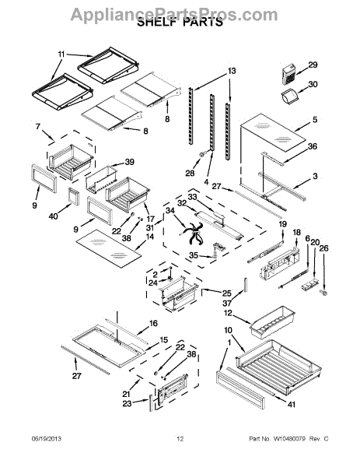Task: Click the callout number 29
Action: pyautogui.click(x=313, y=65)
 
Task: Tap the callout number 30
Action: pyautogui.click(x=313, y=85)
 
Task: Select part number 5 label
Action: pyautogui.click(x=315, y=120)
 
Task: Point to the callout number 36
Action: pyautogui.click(x=313, y=146)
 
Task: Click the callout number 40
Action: pyautogui.click(x=54, y=216)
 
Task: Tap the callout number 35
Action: pyautogui.click(x=194, y=255)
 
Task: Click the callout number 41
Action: pyautogui.click(x=292, y=404)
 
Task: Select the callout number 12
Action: pyautogui.click(x=228, y=314)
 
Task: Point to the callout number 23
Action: pyautogui.click(x=127, y=403)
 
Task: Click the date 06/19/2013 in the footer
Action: pyautogui.click(x=46, y=438)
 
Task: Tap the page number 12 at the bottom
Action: pyautogui.click(x=180, y=438)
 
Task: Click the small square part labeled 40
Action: pyautogui.click(x=74, y=197)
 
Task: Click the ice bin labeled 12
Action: pyautogui.click(x=273, y=322)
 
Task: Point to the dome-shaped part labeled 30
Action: pyautogui.click(x=289, y=97)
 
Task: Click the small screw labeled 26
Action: pyautogui.click(x=324, y=293)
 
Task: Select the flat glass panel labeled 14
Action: pyautogui.click(x=109, y=248)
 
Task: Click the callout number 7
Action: pyautogui.click(x=38, y=127)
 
